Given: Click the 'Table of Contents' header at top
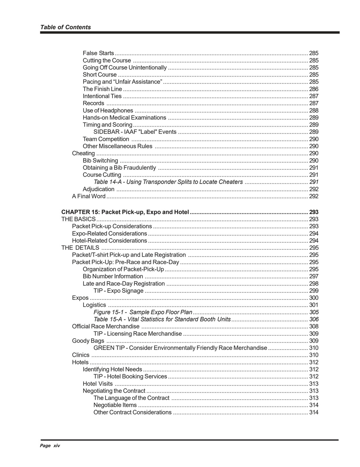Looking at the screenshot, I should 65,27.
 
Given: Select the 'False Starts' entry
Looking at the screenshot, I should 98,53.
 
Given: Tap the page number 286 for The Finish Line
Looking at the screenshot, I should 314,89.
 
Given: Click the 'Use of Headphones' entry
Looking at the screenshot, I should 108,111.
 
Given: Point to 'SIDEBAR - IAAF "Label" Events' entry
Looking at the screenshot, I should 135,132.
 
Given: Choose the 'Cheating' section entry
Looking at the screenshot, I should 83,154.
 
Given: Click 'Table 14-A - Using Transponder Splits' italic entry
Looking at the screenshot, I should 168,182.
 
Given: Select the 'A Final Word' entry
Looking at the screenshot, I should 89,196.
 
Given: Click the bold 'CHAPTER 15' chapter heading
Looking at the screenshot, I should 125,212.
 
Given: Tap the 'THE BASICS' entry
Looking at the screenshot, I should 78,219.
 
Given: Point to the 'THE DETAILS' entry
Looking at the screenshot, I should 80,248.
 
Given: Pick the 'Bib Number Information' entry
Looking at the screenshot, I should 113,276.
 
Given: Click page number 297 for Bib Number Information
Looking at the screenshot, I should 314,276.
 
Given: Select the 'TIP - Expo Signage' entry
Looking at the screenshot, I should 118,291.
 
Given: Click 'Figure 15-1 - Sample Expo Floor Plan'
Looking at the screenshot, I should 143,312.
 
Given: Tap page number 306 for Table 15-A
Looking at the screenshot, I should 314,319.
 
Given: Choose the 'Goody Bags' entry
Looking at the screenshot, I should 88,341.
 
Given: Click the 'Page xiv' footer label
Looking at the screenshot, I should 50,446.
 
